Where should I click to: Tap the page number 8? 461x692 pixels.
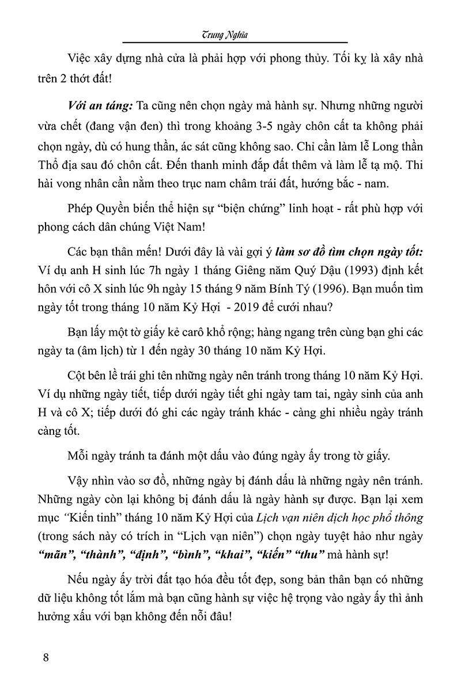(46, 657)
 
